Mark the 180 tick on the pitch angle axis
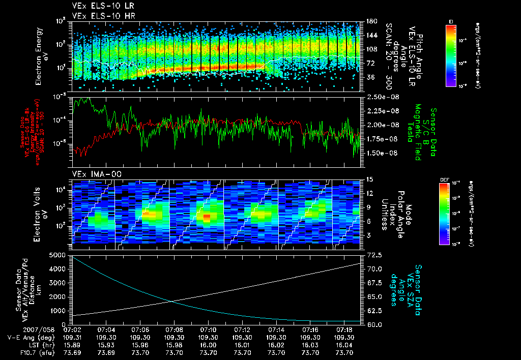tap(371, 21)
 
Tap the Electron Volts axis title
tap(41, 211)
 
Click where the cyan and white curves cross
tap(171, 301)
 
